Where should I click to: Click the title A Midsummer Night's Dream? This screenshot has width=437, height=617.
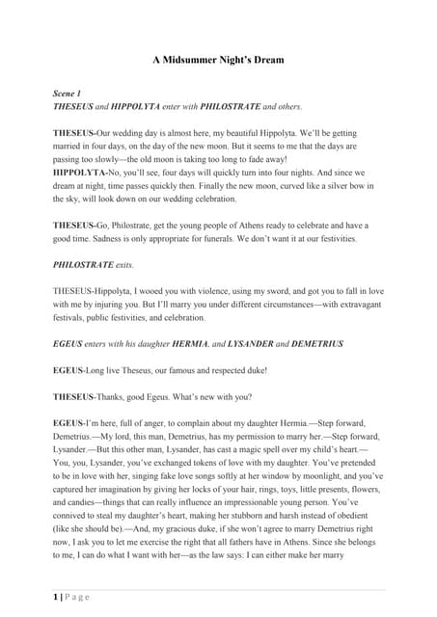click(x=218, y=60)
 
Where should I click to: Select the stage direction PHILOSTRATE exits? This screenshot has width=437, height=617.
click(x=93, y=263)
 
